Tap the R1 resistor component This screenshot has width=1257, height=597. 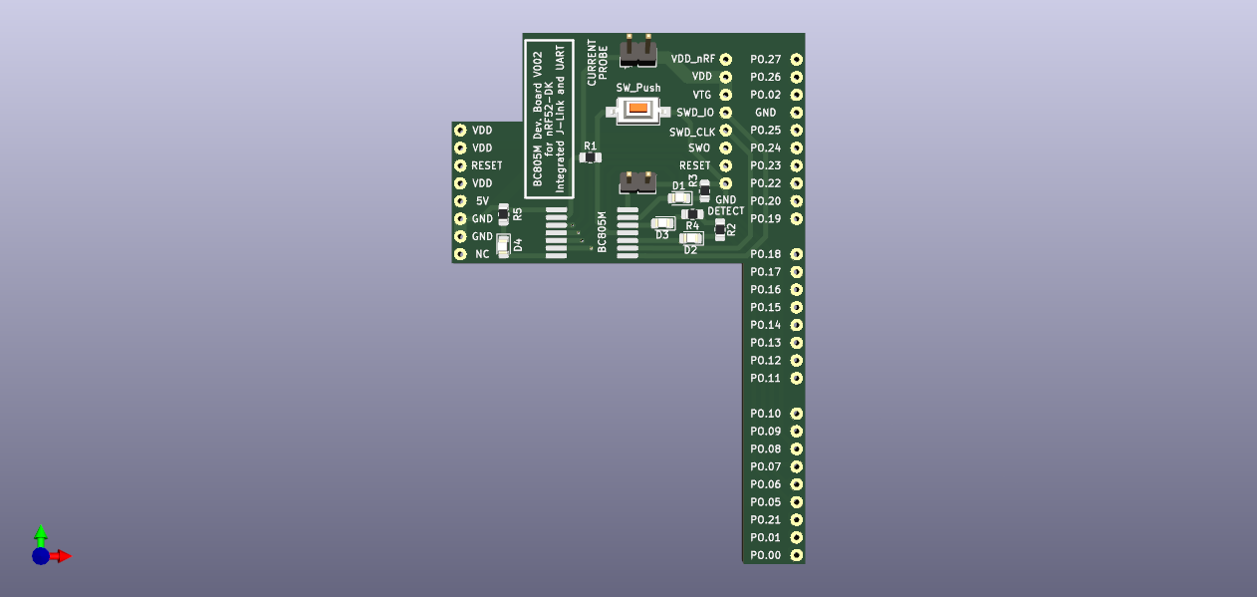click(591, 157)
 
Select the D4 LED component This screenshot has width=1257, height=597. click(503, 245)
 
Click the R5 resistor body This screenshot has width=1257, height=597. click(503, 214)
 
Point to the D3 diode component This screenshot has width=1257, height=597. click(663, 223)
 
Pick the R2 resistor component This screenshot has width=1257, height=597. click(720, 231)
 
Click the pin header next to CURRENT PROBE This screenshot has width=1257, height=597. click(637, 49)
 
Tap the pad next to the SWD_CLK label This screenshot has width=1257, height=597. click(725, 131)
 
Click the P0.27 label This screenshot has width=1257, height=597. click(765, 59)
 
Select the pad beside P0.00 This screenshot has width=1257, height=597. click(796, 555)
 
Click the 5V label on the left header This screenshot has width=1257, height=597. click(482, 200)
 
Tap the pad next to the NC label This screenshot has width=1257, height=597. click(460, 254)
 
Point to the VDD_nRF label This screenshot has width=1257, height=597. click(693, 59)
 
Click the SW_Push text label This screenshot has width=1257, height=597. click(637, 88)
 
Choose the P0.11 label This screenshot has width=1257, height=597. click(765, 378)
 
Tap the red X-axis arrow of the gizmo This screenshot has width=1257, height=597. click(62, 556)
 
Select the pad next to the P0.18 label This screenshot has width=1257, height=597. click(796, 254)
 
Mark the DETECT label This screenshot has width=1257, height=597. click(725, 211)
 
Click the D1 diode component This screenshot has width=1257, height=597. click(679, 198)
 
